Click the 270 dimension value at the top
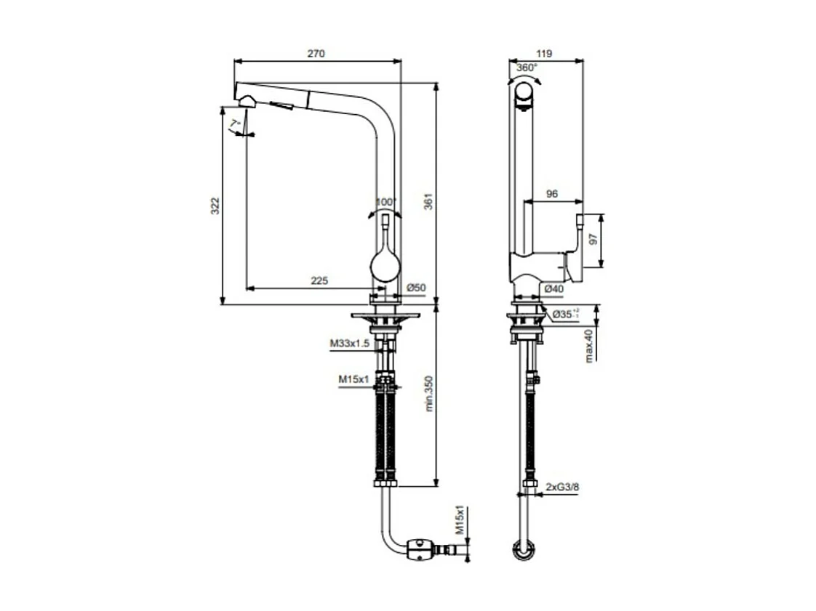coord(316,53)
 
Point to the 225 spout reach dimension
coord(319,280)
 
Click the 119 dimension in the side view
coord(545,53)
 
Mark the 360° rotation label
coord(527,67)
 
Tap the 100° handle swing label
coord(385,201)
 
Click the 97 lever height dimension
coord(593,240)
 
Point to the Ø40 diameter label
coord(554,288)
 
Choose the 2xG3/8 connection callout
coord(562,487)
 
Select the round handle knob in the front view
coord(385,264)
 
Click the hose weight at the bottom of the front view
coord(419,549)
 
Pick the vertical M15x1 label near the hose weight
coord(460,521)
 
